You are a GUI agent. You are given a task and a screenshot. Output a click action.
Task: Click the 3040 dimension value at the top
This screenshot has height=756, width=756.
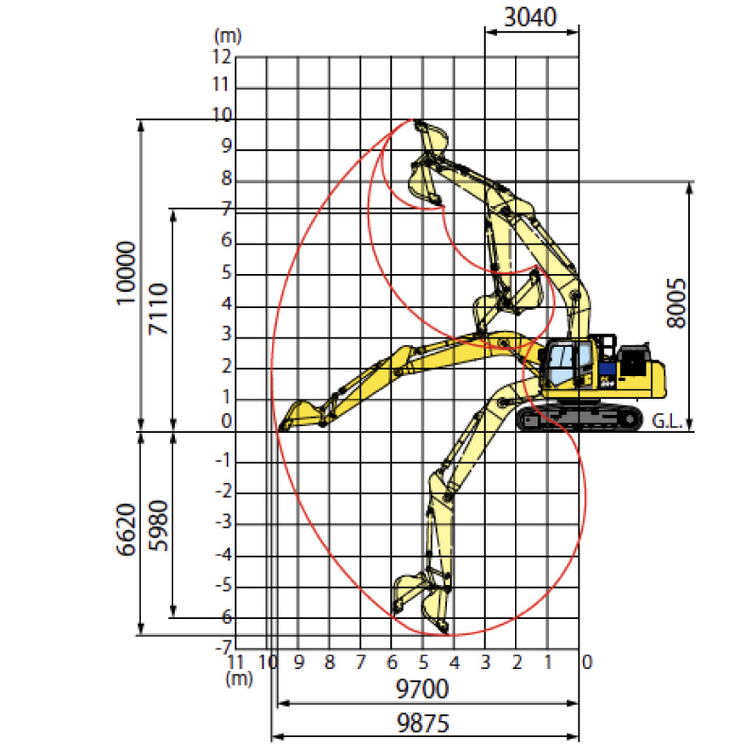point(530,17)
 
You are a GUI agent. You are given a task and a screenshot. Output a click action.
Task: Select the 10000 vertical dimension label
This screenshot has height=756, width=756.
point(127,273)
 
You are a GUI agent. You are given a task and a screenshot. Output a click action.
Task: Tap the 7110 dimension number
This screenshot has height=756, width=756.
point(159,309)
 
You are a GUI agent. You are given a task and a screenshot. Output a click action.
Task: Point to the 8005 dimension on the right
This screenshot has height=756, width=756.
point(676,302)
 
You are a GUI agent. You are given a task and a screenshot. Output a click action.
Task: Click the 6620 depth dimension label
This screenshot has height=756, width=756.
point(127,529)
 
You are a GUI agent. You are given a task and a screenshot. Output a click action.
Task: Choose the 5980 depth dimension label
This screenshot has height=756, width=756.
point(159,525)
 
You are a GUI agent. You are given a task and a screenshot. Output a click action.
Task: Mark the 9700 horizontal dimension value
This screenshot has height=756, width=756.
point(421,689)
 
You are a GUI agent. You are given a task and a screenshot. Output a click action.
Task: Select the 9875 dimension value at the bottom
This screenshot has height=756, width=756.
point(422,723)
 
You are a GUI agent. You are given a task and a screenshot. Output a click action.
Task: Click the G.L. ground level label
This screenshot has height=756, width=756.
point(667,421)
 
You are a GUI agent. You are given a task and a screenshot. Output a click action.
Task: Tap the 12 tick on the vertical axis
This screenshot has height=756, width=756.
point(222,57)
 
